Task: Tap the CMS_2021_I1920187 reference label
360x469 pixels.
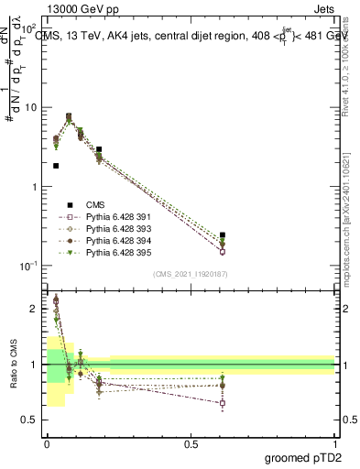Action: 190,274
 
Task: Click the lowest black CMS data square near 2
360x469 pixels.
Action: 56,166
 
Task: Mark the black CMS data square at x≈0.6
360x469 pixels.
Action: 223,235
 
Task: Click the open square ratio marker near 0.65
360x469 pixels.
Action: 223,403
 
